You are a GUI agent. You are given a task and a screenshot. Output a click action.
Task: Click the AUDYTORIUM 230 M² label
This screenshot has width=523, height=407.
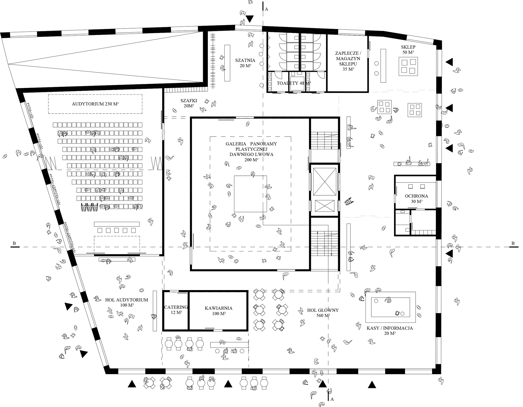95,104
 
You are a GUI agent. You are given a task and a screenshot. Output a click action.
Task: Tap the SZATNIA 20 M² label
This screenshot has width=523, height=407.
245,63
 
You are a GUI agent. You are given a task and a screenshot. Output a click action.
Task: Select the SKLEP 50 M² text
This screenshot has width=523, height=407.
408,49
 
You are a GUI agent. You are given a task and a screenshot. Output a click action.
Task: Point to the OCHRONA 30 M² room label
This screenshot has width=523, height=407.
416,199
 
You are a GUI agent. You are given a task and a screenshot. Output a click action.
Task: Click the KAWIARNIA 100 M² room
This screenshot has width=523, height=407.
219,310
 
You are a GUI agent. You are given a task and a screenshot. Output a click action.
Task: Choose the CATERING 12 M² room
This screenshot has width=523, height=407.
176,309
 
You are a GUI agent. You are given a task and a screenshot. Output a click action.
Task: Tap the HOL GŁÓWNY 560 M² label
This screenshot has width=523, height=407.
323,313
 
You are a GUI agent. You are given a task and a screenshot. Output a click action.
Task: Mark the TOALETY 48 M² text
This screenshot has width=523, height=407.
294,83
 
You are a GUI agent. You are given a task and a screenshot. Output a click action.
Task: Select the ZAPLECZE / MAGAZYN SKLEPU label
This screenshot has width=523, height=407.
348,61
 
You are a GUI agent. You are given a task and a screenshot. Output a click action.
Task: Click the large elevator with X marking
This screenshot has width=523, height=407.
325,182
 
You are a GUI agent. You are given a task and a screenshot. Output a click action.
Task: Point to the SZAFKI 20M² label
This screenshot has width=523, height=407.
189,103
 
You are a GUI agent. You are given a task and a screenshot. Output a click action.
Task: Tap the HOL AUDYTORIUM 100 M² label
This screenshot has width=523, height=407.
127,302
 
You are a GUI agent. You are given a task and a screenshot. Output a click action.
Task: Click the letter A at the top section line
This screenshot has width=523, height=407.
266,9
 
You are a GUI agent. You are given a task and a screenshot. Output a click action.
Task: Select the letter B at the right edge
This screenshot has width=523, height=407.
513,243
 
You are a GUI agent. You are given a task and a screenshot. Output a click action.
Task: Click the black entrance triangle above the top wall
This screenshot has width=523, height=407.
250,19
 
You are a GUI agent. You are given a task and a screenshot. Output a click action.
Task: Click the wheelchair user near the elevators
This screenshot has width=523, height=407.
348,202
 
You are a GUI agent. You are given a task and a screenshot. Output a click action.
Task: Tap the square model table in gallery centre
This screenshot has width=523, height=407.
250,194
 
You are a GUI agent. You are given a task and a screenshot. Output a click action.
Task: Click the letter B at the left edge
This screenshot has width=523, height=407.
14,243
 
